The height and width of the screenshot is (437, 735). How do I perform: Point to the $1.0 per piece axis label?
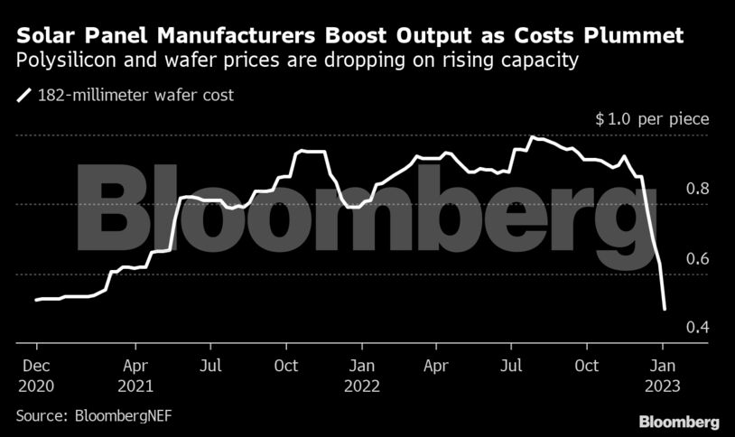(x=652, y=119)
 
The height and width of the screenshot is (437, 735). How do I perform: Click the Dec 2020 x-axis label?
(x=36, y=376)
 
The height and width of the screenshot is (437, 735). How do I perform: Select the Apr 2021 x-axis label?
(x=135, y=376)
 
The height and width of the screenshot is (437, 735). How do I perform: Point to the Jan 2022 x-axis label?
(x=362, y=376)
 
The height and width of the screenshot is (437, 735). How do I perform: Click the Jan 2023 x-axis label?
(x=663, y=376)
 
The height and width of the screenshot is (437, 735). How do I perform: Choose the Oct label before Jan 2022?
(x=287, y=366)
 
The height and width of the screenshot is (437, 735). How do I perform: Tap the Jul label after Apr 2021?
(x=210, y=366)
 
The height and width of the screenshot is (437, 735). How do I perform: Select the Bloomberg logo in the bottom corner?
(x=678, y=422)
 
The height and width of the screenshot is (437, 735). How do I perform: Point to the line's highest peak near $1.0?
(x=533, y=137)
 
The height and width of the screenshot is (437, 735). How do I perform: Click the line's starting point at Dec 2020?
(x=36, y=300)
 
